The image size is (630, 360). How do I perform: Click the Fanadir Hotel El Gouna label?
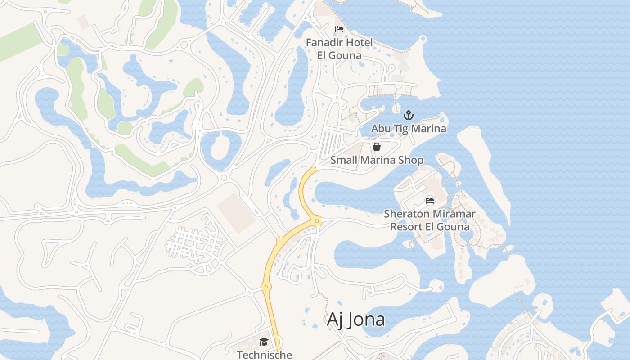(x=339, y=49)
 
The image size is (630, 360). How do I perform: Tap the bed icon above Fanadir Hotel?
(x=339, y=29)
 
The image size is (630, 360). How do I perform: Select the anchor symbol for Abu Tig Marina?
(x=408, y=115)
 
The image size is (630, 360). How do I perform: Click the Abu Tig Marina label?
(x=409, y=129)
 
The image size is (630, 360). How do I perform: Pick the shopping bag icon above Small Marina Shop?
(x=377, y=147)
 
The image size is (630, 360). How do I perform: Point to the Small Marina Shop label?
(x=377, y=160)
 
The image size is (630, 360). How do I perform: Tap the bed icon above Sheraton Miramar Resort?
(x=430, y=200)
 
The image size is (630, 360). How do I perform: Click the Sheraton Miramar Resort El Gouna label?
(x=430, y=220)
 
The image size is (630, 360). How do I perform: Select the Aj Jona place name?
(x=355, y=319)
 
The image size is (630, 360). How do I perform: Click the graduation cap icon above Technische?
(x=264, y=342)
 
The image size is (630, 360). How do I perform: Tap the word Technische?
(x=264, y=355)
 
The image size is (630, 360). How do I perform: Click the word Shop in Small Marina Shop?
(x=411, y=160)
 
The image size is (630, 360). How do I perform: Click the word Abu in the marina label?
(x=380, y=129)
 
